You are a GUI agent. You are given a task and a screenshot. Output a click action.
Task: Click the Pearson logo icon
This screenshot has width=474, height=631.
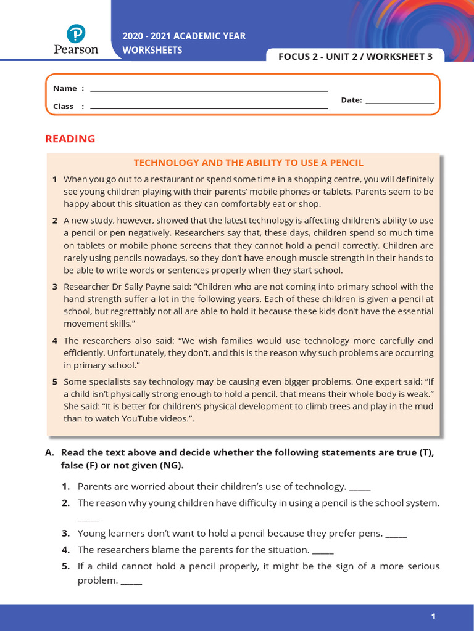tap(76, 33)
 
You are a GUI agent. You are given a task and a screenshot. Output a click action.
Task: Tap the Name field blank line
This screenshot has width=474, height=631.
tap(209, 91)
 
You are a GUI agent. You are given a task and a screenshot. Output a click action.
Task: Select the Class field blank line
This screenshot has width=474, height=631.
tap(209, 108)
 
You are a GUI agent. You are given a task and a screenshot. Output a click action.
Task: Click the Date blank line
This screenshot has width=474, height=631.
tap(400, 102)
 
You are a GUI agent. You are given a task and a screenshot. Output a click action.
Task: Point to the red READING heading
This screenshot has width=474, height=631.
tap(70, 139)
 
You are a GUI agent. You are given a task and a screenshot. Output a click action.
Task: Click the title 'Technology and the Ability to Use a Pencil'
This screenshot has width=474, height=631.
tap(249, 163)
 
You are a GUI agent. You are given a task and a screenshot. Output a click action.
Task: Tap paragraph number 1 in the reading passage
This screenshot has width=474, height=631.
tap(55, 179)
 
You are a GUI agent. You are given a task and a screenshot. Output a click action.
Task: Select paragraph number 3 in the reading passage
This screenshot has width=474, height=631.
tap(55, 287)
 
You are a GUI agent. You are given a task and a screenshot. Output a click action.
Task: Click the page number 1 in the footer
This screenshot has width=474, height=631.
tap(433, 616)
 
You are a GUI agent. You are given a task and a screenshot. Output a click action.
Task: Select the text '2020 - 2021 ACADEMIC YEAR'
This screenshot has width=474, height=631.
tap(184, 36)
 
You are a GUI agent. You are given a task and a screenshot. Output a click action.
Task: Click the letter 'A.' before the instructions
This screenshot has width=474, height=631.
tap(50, 452)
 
